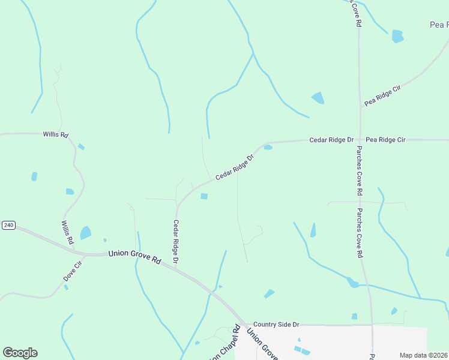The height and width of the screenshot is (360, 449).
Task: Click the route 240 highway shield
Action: point(8,225)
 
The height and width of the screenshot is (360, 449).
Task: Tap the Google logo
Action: point(20,352)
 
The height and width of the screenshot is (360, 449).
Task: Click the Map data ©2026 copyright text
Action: point(423,355)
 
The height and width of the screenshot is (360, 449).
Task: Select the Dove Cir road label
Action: point(72,271)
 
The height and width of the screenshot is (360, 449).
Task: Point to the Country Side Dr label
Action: point(276,325)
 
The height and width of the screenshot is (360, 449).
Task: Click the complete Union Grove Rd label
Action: point(134,257)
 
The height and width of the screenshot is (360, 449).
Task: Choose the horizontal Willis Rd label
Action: point(55,135)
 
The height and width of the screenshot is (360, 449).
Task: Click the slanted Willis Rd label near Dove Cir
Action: point(67,232)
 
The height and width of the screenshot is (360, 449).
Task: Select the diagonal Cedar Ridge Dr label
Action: point(235,166)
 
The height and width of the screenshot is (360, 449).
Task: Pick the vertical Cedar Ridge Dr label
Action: point(176,242)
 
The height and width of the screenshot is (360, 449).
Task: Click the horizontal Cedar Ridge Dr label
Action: point(331,140)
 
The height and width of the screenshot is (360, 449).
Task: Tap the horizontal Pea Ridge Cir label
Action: point(385,140)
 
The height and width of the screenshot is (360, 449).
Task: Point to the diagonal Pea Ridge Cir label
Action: point(382,96)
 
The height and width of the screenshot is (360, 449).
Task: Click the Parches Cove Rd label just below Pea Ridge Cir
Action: point(359,170)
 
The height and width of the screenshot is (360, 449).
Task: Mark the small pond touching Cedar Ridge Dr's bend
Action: point(268,147)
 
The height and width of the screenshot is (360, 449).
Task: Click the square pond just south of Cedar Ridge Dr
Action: point(204,196)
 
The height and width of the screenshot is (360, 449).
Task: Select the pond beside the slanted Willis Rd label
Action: point(86,233)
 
